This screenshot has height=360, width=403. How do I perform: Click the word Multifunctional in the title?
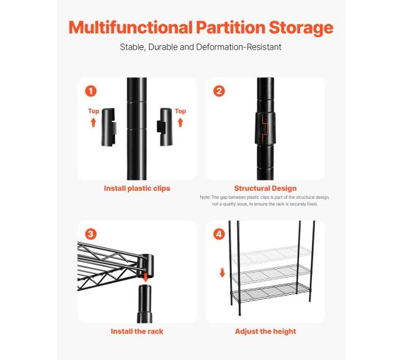coord(131,27)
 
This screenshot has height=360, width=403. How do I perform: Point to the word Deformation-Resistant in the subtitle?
coord(239,47)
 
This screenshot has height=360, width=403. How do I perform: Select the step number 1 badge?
coord(91,91)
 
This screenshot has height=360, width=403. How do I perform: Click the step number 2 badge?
coord(219,91)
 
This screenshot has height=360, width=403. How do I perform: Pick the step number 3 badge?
coord(91,234)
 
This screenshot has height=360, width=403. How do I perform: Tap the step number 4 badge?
coord(219,234)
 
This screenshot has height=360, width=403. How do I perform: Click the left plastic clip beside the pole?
coord(109,127)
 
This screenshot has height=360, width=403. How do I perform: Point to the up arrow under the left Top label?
coord(93,123)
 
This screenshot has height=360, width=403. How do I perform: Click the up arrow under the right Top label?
coord(180,123)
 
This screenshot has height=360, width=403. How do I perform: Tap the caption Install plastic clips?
coord(137,188)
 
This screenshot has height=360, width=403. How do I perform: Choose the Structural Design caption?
coord(265,188)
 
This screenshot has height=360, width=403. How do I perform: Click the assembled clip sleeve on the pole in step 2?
coord(265,128)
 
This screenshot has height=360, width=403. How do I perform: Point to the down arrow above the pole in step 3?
coord(146,278)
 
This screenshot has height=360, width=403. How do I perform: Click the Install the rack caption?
coord(137,331)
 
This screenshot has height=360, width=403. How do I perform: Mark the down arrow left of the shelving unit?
coord(223,273)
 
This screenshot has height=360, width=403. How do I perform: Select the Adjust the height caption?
coord(265,331)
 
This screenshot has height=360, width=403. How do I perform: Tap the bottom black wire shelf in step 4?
coord(271,292)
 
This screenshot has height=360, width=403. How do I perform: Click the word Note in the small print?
coord(205,198)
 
